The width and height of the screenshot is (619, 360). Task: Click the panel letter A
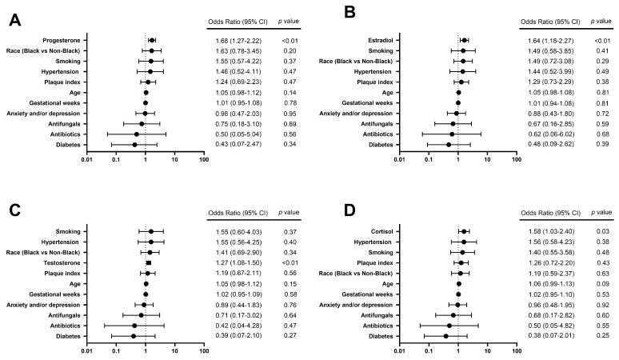click(x=14, y=21)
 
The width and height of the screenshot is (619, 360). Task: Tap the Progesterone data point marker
click(x=152, y=40)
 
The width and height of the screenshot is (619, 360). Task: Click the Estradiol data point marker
click(x=464, y=40)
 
